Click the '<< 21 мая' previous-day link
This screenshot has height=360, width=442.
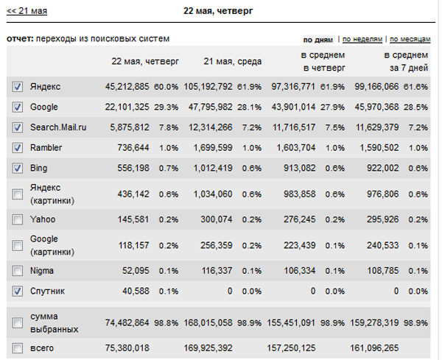(27, 11)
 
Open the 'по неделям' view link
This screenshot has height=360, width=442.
(362, 39)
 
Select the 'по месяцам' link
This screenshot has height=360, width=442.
(410, 39)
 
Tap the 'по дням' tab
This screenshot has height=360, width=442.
(318, 40)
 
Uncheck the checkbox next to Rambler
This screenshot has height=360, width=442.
(18, 148)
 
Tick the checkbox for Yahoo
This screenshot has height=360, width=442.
(18, 219)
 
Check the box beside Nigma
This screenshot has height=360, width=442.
(18, 271)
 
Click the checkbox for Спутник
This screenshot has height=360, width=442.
(18, 291)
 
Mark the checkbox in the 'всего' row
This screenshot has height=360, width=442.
(18, 348)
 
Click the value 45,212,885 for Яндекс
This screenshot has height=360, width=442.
(127, 86)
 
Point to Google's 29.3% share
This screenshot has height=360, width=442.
(166, 107)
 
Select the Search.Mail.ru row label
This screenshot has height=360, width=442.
(58, 127)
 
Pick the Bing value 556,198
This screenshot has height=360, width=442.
(133, 168)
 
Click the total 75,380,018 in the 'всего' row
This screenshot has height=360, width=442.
(127, 348)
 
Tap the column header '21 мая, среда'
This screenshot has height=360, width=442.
(233, 61)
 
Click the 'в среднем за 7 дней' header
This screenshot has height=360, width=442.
(406, 61)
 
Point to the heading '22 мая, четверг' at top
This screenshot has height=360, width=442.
(218, 11)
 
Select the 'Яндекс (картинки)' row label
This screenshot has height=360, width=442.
(52, 194)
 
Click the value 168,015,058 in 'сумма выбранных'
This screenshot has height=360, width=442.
(208, 322)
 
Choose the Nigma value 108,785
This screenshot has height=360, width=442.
(382, 271)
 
